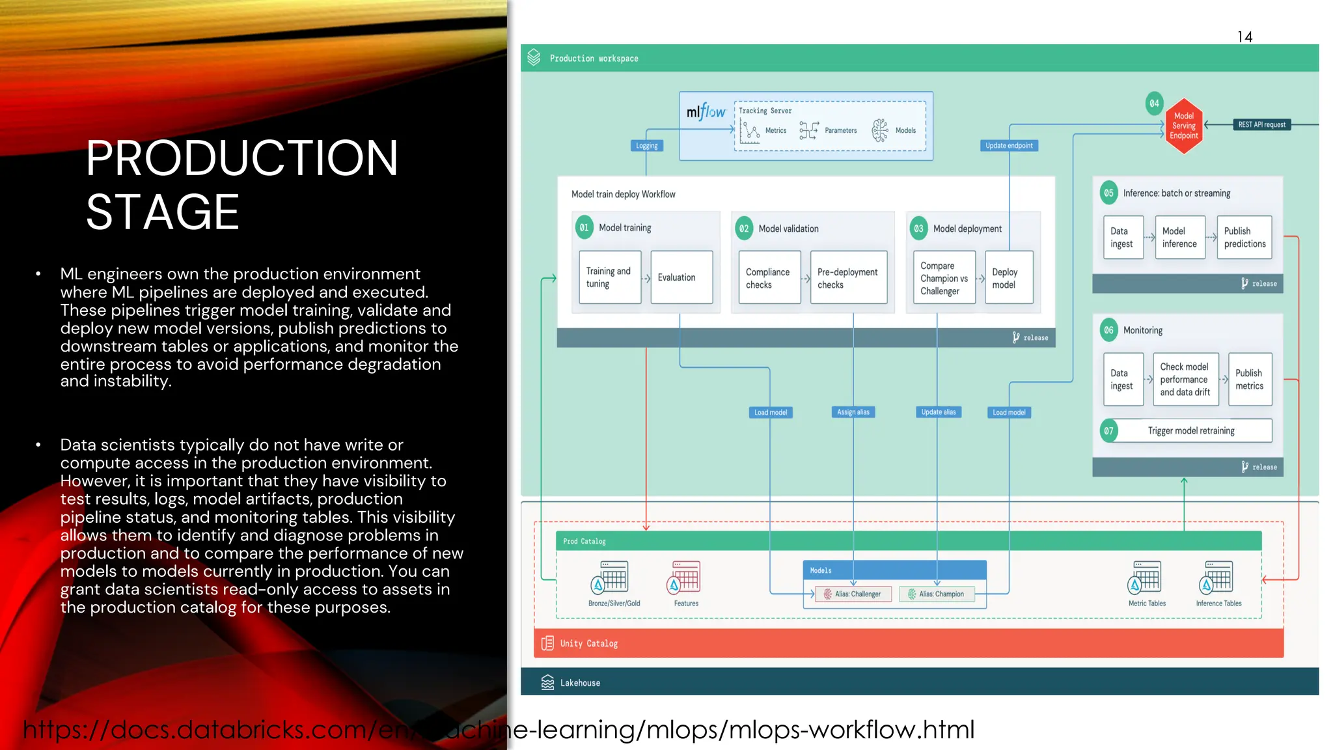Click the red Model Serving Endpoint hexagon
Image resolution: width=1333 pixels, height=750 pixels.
1183,126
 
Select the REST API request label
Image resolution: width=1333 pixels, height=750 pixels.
1261,124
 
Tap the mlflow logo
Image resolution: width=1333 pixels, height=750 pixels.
706,112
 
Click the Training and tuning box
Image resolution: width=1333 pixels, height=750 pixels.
609,277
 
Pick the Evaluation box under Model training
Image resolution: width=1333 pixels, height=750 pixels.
681,277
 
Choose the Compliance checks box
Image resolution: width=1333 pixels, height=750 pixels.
769,278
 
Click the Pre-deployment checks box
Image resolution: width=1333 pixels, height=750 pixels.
848,278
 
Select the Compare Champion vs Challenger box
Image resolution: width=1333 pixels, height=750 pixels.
944,278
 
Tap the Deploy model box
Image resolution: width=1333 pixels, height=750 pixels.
1008,278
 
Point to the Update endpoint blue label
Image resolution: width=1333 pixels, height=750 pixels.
1009,146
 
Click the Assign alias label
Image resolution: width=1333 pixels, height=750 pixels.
853,412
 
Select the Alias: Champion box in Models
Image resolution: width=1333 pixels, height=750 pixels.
937,594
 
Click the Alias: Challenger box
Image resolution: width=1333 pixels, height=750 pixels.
853,594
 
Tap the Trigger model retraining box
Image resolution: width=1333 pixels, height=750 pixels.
1191,430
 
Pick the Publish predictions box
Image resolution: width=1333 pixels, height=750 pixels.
1244,238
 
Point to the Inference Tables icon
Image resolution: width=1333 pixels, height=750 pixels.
1216,577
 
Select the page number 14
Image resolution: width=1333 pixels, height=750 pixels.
1244,37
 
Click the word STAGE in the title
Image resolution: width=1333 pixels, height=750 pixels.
163,212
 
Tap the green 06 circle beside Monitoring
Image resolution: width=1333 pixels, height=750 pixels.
1108,330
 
